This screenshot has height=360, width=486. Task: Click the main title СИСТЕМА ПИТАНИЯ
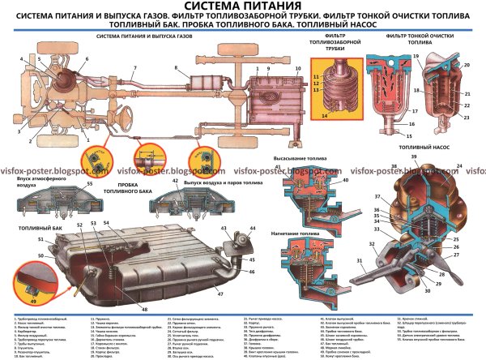[x=242, y=7]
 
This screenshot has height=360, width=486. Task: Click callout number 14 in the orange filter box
[x=323, y=116]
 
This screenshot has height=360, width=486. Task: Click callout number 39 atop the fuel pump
[x=412, y=156]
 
